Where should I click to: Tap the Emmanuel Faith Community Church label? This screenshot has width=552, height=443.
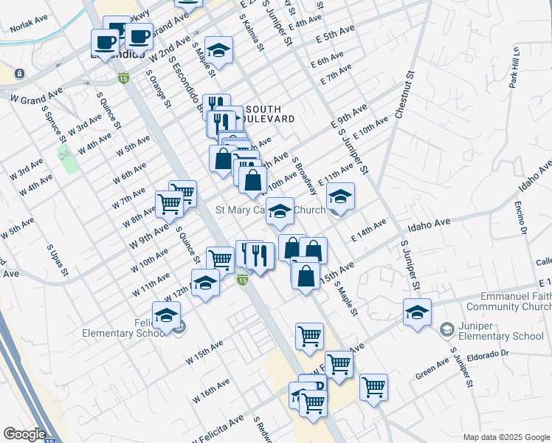point(510,301)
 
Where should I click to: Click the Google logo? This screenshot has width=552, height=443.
point(24,434)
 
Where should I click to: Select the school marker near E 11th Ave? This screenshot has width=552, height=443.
point(340,196)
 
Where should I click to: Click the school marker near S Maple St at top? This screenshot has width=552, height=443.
point(218,49)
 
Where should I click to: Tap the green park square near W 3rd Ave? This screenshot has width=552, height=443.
point(69,157)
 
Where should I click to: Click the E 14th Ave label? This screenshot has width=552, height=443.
point(368,229)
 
